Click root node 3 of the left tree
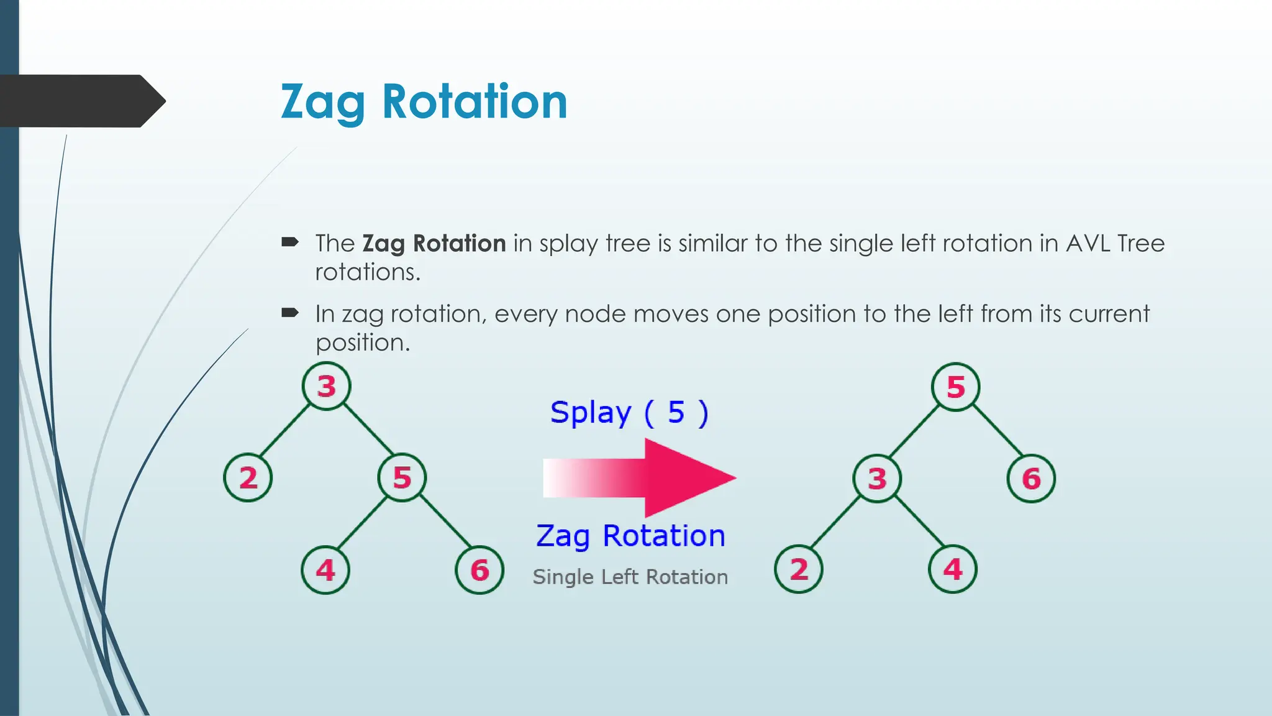[327, 386]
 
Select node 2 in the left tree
[248, 477]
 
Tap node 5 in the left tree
[402, 477]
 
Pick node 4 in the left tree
[325, 570]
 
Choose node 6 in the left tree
[479, 570]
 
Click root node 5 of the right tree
[956, 387]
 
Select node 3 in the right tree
[877, 478]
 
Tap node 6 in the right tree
[1031, 478]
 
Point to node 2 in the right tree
[799, 569]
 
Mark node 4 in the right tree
[953, 569]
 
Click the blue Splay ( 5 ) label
[629, 413]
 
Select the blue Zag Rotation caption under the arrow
[630, 536]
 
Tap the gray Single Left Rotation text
[630, 577]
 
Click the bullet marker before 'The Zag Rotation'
[290, 242]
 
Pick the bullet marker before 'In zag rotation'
[290, 313]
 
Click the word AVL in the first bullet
[1088, 243]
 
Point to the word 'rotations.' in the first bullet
[368, 272]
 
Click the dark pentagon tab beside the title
[81, 101]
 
